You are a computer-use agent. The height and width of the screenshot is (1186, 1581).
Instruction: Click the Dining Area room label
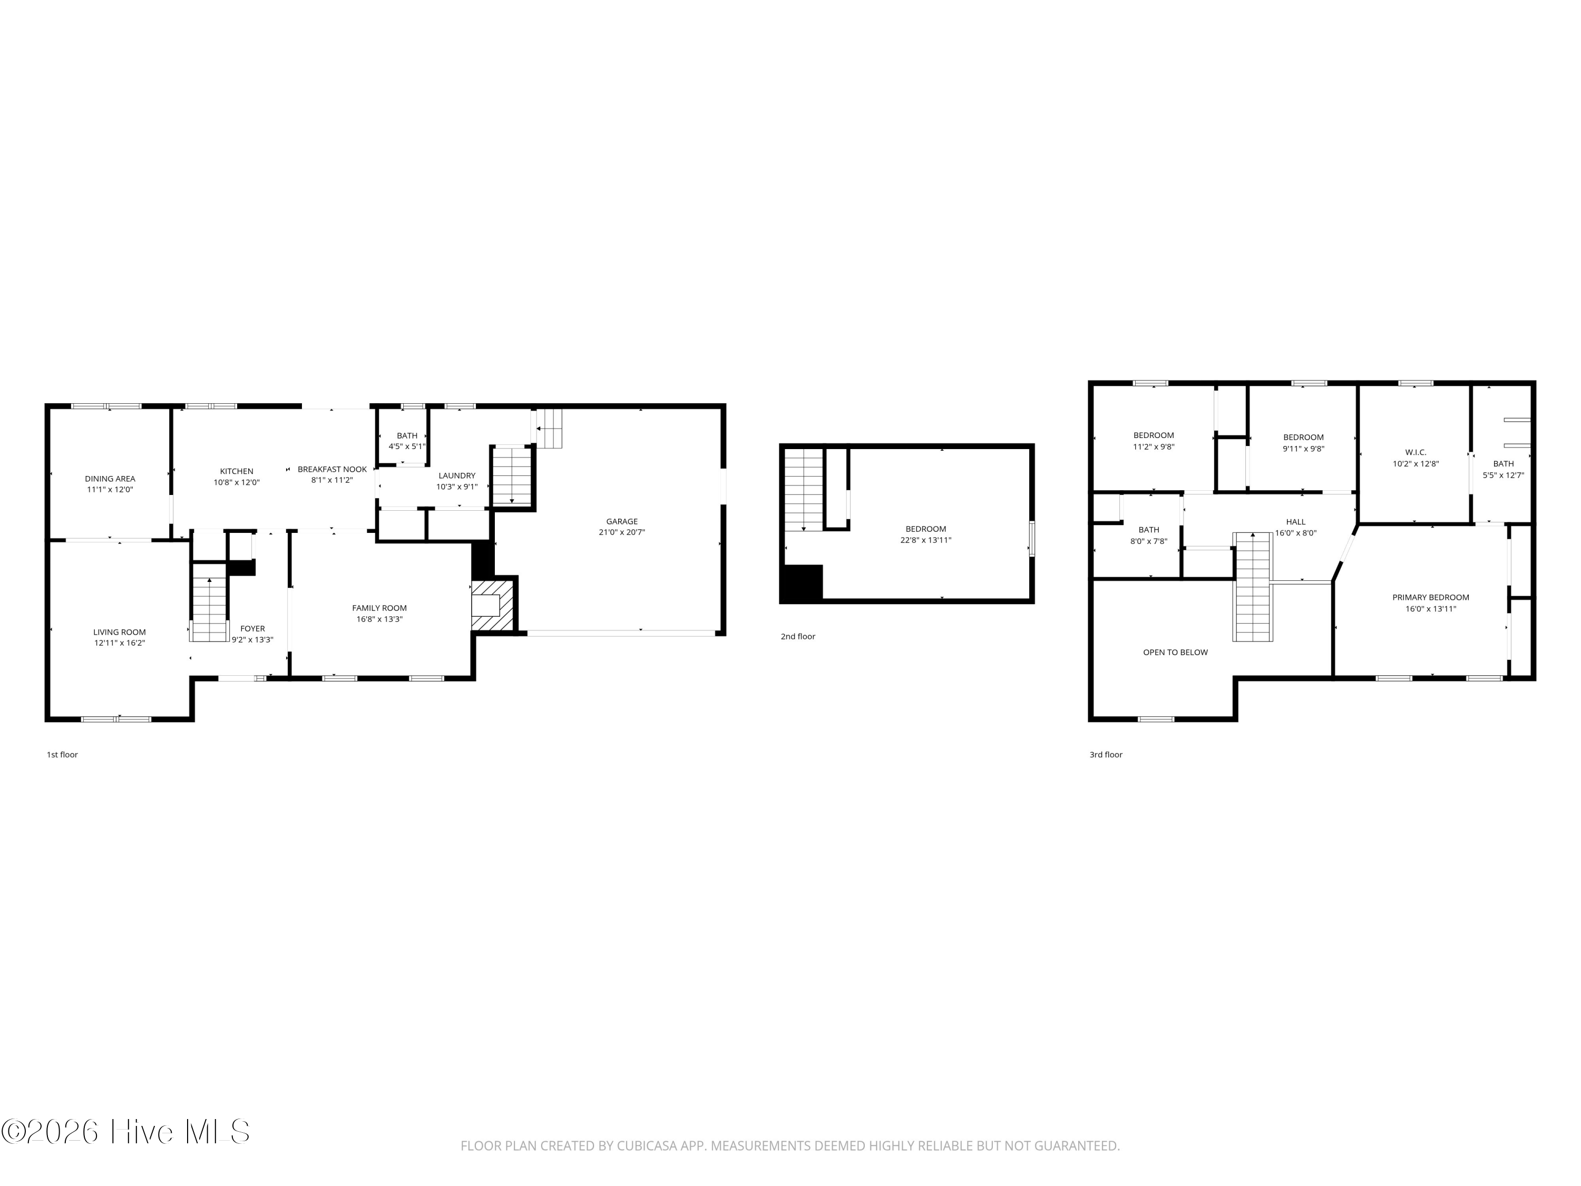(x=110, y=479)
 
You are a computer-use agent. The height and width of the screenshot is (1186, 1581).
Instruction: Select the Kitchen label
(x=237, y=472)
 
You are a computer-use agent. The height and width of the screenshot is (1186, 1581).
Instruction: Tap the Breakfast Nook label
(x=333, y=470)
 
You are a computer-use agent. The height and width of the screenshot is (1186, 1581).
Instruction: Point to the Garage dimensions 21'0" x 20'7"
(x=622, y=532)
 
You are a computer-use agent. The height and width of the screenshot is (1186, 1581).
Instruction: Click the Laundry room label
(x=457, y=476)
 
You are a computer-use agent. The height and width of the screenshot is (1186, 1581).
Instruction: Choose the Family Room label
(x=379, y=608)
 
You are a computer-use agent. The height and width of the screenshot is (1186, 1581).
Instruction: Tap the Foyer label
(x=252, y=629)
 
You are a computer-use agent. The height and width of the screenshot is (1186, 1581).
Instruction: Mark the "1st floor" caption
(x=62, y=755)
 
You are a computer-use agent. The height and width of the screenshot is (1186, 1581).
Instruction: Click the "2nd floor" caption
(x=798, y=637)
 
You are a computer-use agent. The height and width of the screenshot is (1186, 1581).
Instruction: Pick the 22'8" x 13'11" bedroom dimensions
(x=925, y=540)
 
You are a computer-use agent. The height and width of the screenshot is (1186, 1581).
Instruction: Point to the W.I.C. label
(x=1415, y=452)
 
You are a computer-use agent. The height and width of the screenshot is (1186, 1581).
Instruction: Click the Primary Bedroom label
(x=1430, y=598)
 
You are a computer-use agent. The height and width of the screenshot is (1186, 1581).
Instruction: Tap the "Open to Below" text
(x=1175, y=653)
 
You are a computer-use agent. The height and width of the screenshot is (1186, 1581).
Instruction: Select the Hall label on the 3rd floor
(x=1295, y=522)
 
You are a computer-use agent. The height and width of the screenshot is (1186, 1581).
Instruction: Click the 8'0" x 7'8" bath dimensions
(x=1148, y=541)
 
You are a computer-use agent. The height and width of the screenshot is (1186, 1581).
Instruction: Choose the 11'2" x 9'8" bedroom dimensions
(x=1154, y=447)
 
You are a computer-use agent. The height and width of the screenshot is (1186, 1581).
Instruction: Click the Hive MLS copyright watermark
(x=126, y=1132)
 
